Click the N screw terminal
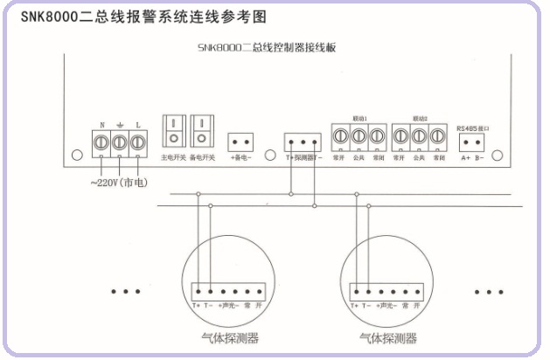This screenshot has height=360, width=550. pos(101,140)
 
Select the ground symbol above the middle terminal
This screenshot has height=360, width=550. pos(119,124)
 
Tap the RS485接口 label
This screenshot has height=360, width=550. pos(473,128)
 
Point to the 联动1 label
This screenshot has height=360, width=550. pos(359,117)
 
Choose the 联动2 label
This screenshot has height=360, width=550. pos(421,117)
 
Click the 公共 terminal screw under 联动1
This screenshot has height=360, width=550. pos(358,136)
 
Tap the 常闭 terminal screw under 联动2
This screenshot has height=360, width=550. pos(439,136)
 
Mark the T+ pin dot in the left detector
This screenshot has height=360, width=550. pos(197,289)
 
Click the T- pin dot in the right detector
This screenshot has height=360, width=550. pos(368,289)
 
